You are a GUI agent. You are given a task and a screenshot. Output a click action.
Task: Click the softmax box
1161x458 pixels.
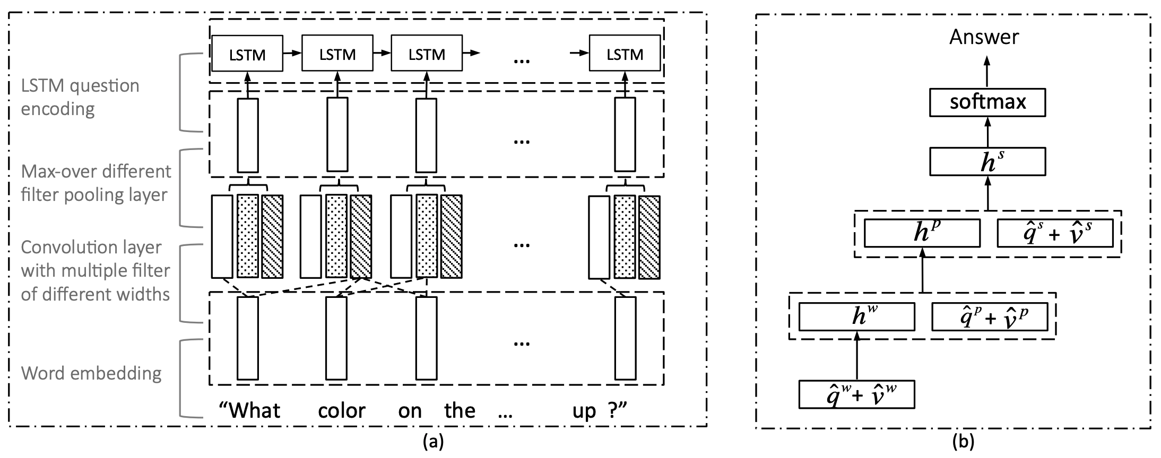987,102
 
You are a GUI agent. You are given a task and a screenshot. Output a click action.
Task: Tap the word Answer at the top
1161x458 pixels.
984,37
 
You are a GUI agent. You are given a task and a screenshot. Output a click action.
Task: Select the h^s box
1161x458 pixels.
987,162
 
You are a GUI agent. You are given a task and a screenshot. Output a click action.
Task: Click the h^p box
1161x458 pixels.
922,233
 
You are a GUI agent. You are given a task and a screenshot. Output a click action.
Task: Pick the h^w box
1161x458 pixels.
857,316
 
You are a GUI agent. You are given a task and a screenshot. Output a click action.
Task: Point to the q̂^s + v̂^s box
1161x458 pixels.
1055,233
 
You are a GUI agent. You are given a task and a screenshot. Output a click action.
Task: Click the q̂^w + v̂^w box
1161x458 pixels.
857,394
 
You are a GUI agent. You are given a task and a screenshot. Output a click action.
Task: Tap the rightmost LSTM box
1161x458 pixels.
625,54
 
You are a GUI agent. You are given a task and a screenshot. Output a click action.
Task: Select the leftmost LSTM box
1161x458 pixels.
247,54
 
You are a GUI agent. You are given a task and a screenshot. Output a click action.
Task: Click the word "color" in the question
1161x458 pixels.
342,411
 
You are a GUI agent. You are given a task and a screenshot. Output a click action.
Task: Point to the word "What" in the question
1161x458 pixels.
250,410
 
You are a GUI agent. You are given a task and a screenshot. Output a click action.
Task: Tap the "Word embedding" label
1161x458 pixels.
91,373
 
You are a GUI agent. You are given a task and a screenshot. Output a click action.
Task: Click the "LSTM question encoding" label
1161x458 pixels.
80,97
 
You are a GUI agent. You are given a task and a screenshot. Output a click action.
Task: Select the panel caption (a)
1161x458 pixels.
431,442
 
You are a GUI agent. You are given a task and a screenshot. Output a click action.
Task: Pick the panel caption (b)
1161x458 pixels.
963,442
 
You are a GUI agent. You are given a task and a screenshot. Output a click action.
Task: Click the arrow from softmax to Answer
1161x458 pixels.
987,73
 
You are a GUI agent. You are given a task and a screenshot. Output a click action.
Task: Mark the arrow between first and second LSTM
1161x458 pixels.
292,54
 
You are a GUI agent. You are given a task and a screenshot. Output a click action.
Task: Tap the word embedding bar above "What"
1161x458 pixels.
248,338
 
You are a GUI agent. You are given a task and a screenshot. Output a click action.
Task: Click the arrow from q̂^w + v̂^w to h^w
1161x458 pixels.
857,355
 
